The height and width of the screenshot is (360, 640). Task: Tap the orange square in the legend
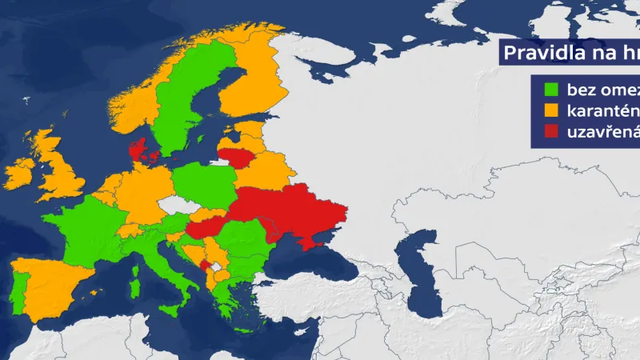(551, 108)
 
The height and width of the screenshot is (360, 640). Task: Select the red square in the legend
(551, 130)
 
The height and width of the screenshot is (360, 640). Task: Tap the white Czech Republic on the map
(178, 206)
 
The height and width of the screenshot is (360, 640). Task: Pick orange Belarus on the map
(256, 172)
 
